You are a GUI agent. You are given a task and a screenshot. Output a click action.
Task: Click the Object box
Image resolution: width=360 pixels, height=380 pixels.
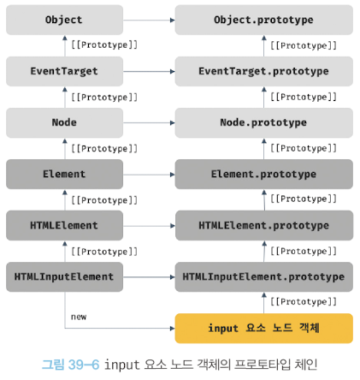pos(64,20)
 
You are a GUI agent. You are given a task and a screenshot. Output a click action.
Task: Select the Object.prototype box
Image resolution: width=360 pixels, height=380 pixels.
pos(263,20)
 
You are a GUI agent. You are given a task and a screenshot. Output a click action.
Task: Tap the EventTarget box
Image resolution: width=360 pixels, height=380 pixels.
pos(64,71)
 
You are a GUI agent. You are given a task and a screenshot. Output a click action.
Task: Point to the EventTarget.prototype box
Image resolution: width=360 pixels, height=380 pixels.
pos(263,71)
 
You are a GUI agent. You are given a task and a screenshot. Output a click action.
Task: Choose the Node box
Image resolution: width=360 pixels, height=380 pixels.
pos(64,122)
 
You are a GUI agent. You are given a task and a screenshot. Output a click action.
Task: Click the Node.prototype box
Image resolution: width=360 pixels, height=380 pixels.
pos(263,122)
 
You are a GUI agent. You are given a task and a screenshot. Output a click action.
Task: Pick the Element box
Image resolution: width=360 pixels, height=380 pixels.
pos(64,174)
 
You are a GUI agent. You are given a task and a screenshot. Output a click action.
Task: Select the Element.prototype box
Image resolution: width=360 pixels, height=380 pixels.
pos(263,174)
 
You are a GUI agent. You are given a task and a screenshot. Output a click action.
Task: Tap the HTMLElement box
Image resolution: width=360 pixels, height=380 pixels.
pos(64,225)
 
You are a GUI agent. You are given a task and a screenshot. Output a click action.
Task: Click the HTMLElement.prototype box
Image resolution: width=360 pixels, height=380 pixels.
pos(263,225)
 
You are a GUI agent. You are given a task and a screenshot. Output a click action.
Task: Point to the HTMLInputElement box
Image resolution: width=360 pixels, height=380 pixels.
pos(64,276)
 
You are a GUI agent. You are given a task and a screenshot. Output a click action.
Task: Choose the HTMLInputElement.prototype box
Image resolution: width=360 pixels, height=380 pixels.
pos(263,276)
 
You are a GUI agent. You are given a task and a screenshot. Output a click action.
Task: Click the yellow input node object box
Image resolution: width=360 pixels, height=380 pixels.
pos(263,329)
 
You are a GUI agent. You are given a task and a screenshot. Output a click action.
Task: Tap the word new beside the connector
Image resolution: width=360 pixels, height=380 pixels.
pos(79,317)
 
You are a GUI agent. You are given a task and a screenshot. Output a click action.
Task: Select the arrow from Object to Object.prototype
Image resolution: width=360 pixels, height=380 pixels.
pos(149,21)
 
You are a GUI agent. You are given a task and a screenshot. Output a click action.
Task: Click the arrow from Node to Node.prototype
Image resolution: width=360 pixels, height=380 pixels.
pos(149,123)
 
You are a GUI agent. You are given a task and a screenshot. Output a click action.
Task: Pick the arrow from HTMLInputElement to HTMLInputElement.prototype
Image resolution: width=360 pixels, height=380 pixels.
pos(149,277)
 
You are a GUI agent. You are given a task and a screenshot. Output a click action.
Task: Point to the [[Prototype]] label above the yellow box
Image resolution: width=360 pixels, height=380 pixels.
pos(304,302)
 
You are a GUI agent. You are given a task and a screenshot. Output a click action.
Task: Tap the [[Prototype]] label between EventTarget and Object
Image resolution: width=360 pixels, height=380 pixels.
pos(104,45)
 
